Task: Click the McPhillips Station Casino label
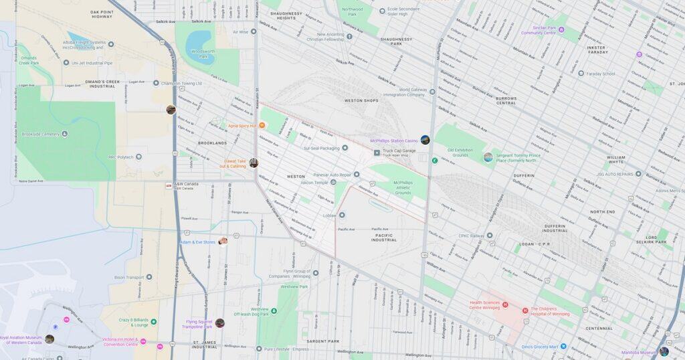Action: click(x=394, y=141)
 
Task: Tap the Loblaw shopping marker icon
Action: click(x=342, y=215)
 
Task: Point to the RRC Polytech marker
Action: click(x=138, y=157)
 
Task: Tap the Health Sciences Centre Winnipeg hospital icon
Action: click(x=506, y=306)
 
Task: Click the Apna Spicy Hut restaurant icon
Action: click(x=262, y=126)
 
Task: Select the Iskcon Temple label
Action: click(x=314, y=182)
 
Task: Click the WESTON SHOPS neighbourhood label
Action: click(x=362, y=100)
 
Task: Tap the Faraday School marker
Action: click(x=579, y=74)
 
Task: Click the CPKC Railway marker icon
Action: click(x=490, y=236)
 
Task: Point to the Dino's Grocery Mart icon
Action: click(x=563, y=346)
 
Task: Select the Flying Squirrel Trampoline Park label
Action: click(x=199, y=324)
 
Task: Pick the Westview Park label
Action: click(x=294, y=286)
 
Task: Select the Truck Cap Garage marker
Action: click(x=377, y=153)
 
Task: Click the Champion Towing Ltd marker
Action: click(x=156, y=84)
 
